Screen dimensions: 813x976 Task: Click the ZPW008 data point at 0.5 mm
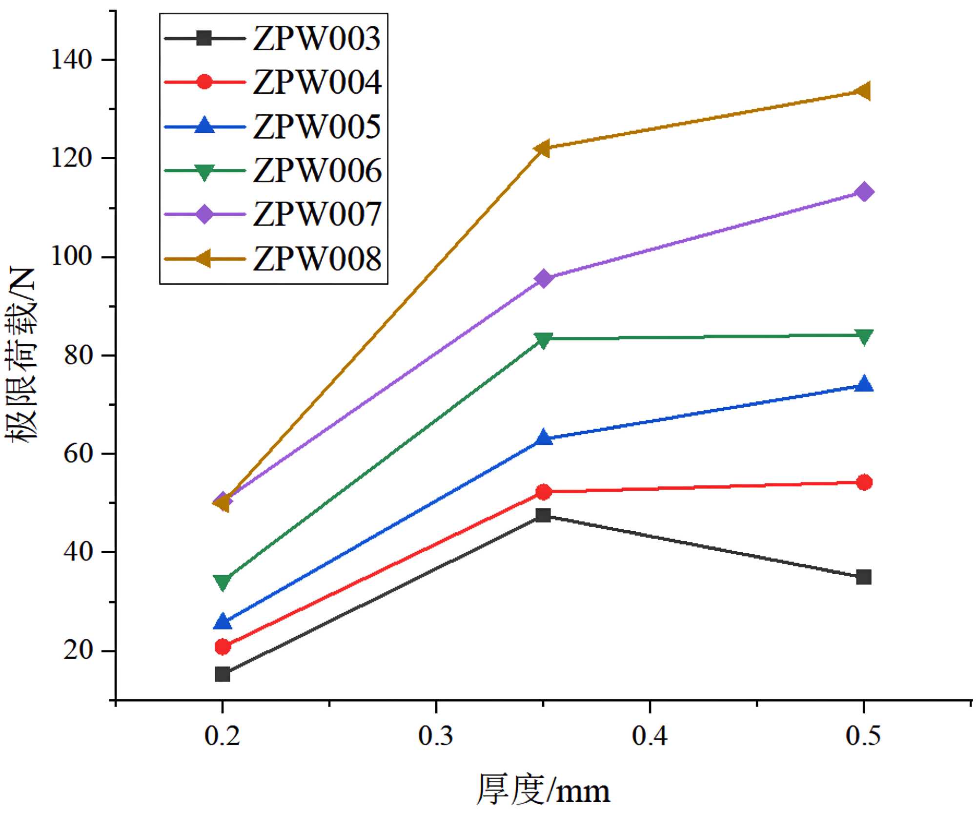tap(863, 91)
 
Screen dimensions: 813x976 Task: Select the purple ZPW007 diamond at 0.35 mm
tap(543, 279)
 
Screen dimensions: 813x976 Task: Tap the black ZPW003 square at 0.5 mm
tap(864, 577)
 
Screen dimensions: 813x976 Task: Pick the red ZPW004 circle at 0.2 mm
tap(223, 646)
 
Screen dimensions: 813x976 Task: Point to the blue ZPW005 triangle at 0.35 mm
tap(543, 438)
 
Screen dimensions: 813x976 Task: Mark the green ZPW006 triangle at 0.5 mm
tap(864, 336)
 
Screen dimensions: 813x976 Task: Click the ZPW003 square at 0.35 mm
tap(543, 515)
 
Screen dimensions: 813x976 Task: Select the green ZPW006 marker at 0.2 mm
tap(223, 582)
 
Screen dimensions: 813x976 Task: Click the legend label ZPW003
tap(317, 38)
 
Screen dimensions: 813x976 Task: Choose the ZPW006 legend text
tap(317, 170)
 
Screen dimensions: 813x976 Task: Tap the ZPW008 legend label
tap(317, 259)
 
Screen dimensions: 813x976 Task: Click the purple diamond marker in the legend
tap(204, 214)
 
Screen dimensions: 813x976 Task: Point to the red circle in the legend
tap(204, 82)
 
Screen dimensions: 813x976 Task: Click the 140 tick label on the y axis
tap(72, 60)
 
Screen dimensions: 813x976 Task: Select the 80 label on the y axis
tap(78, 355)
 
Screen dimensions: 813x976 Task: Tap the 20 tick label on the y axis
tap(78, 651)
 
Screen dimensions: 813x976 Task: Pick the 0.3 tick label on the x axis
tap(436, 736)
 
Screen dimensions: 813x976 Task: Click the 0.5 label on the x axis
tap(863, 736)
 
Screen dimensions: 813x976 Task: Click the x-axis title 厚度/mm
tap(543, 790)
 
